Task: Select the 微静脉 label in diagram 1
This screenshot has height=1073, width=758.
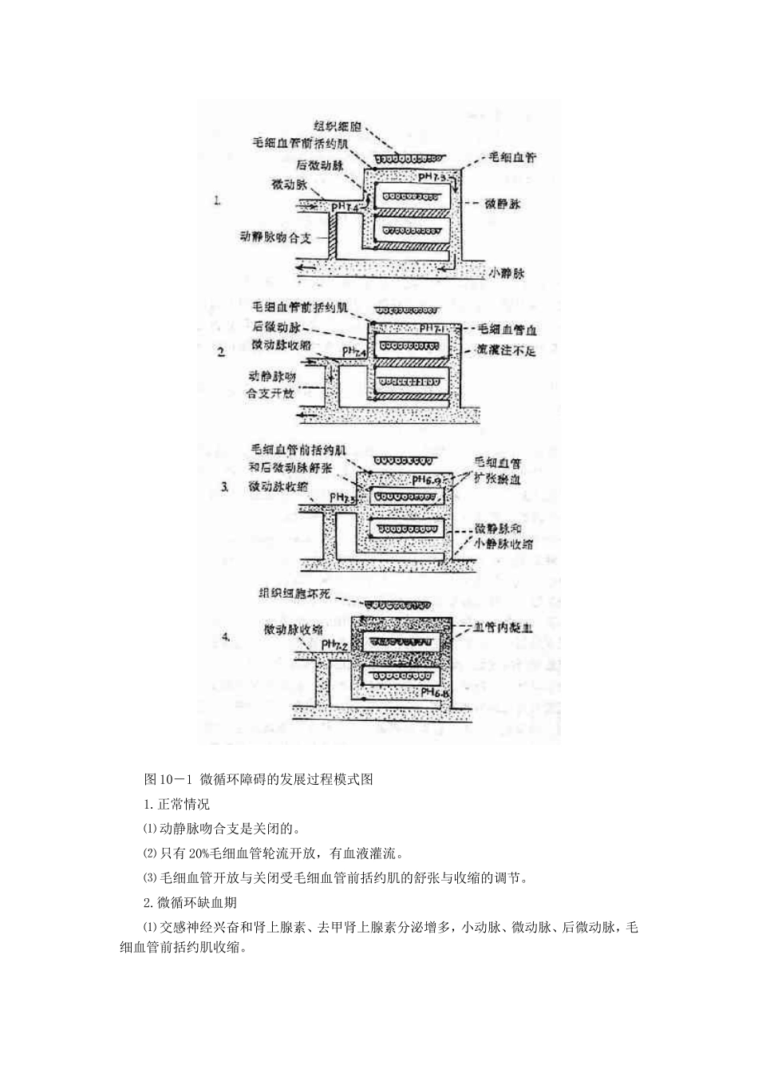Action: point(503,204)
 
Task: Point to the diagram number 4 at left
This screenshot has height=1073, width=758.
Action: point(227,637)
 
